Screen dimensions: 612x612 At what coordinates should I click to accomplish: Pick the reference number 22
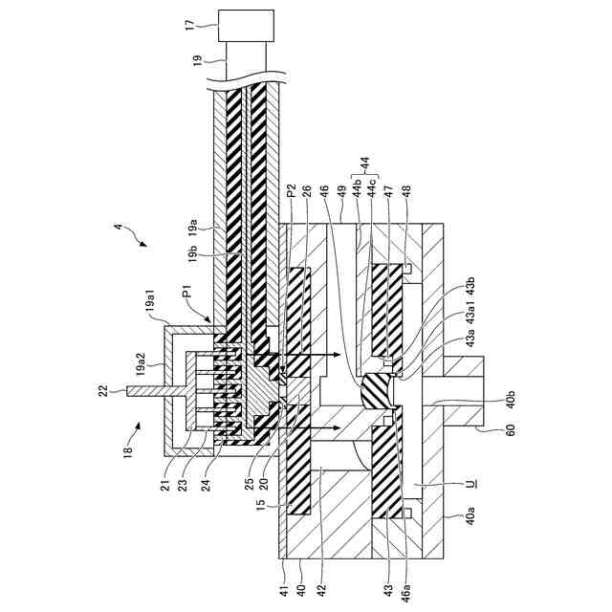pyautogui.click(x=101, y=389)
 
